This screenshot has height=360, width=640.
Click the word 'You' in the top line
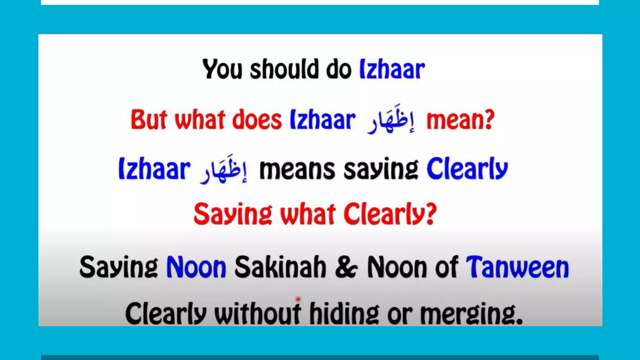[222, 69]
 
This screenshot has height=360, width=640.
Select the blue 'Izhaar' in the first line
[392, 69]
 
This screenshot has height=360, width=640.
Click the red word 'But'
[149, 120]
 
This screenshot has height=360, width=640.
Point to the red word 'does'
[257, 120]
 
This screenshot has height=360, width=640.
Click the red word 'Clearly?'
[390, 214]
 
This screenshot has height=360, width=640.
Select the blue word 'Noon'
[196, 267]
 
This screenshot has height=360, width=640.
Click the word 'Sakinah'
[280, 267]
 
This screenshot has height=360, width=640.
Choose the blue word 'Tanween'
[517, 267]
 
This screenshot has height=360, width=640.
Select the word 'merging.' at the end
[471, 313]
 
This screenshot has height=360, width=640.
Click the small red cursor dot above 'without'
[298, 299]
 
